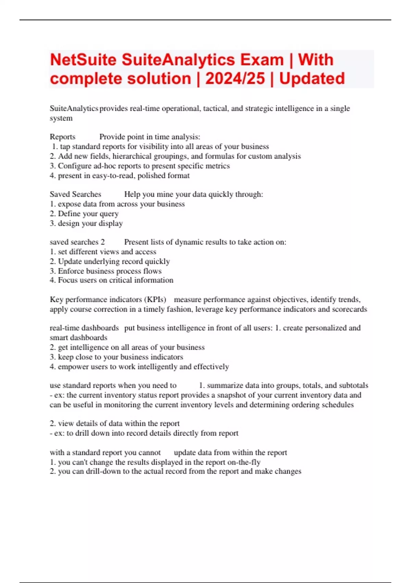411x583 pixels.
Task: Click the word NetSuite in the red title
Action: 83,60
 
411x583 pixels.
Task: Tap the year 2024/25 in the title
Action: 235,79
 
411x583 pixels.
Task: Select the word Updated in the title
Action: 312,79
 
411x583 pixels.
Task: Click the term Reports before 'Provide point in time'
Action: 62,137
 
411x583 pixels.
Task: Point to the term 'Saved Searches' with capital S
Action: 75,194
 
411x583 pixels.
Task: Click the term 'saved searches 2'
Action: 77,242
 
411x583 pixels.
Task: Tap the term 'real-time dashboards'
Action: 84,328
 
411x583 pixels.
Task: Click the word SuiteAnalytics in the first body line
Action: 74,108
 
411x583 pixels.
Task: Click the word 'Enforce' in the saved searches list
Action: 70,271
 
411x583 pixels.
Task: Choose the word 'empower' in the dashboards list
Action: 71,367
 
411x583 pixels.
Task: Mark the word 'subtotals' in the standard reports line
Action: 353,385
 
